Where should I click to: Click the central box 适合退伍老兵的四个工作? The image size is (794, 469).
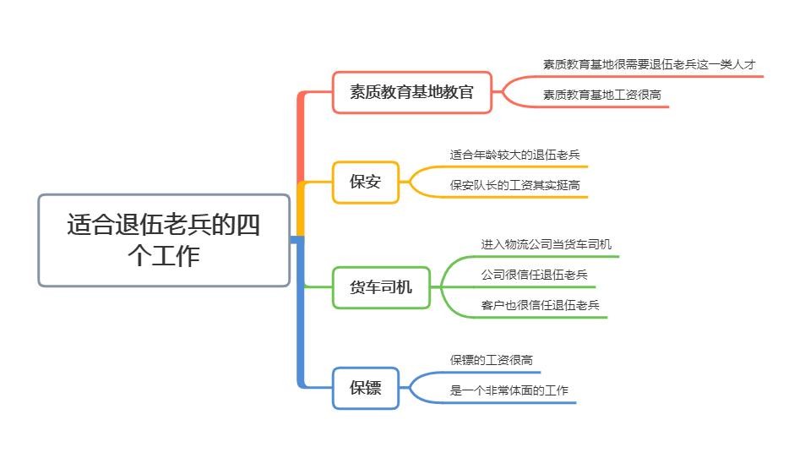coord(164,240)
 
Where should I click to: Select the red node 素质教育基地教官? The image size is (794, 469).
coord(411,92)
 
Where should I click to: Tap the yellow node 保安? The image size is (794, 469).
coord(365,182)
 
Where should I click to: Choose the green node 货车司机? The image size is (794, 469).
coord(380,287)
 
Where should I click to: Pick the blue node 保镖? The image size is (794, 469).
coord(365,388)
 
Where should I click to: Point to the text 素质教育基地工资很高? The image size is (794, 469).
coord(601,95)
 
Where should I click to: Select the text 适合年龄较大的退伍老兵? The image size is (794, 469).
coord(514,155)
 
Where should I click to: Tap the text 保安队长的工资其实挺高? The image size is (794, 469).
coord(514,185)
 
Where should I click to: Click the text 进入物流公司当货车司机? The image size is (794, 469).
coord(546,244)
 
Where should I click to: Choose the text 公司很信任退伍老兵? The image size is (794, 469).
coord(534,275)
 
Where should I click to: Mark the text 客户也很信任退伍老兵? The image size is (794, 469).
coord(540,305)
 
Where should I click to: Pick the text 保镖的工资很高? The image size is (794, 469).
coord(491,360)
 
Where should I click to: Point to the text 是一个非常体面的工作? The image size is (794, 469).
coord(508,390)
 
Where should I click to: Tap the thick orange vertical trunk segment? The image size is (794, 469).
coord(300,135)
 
